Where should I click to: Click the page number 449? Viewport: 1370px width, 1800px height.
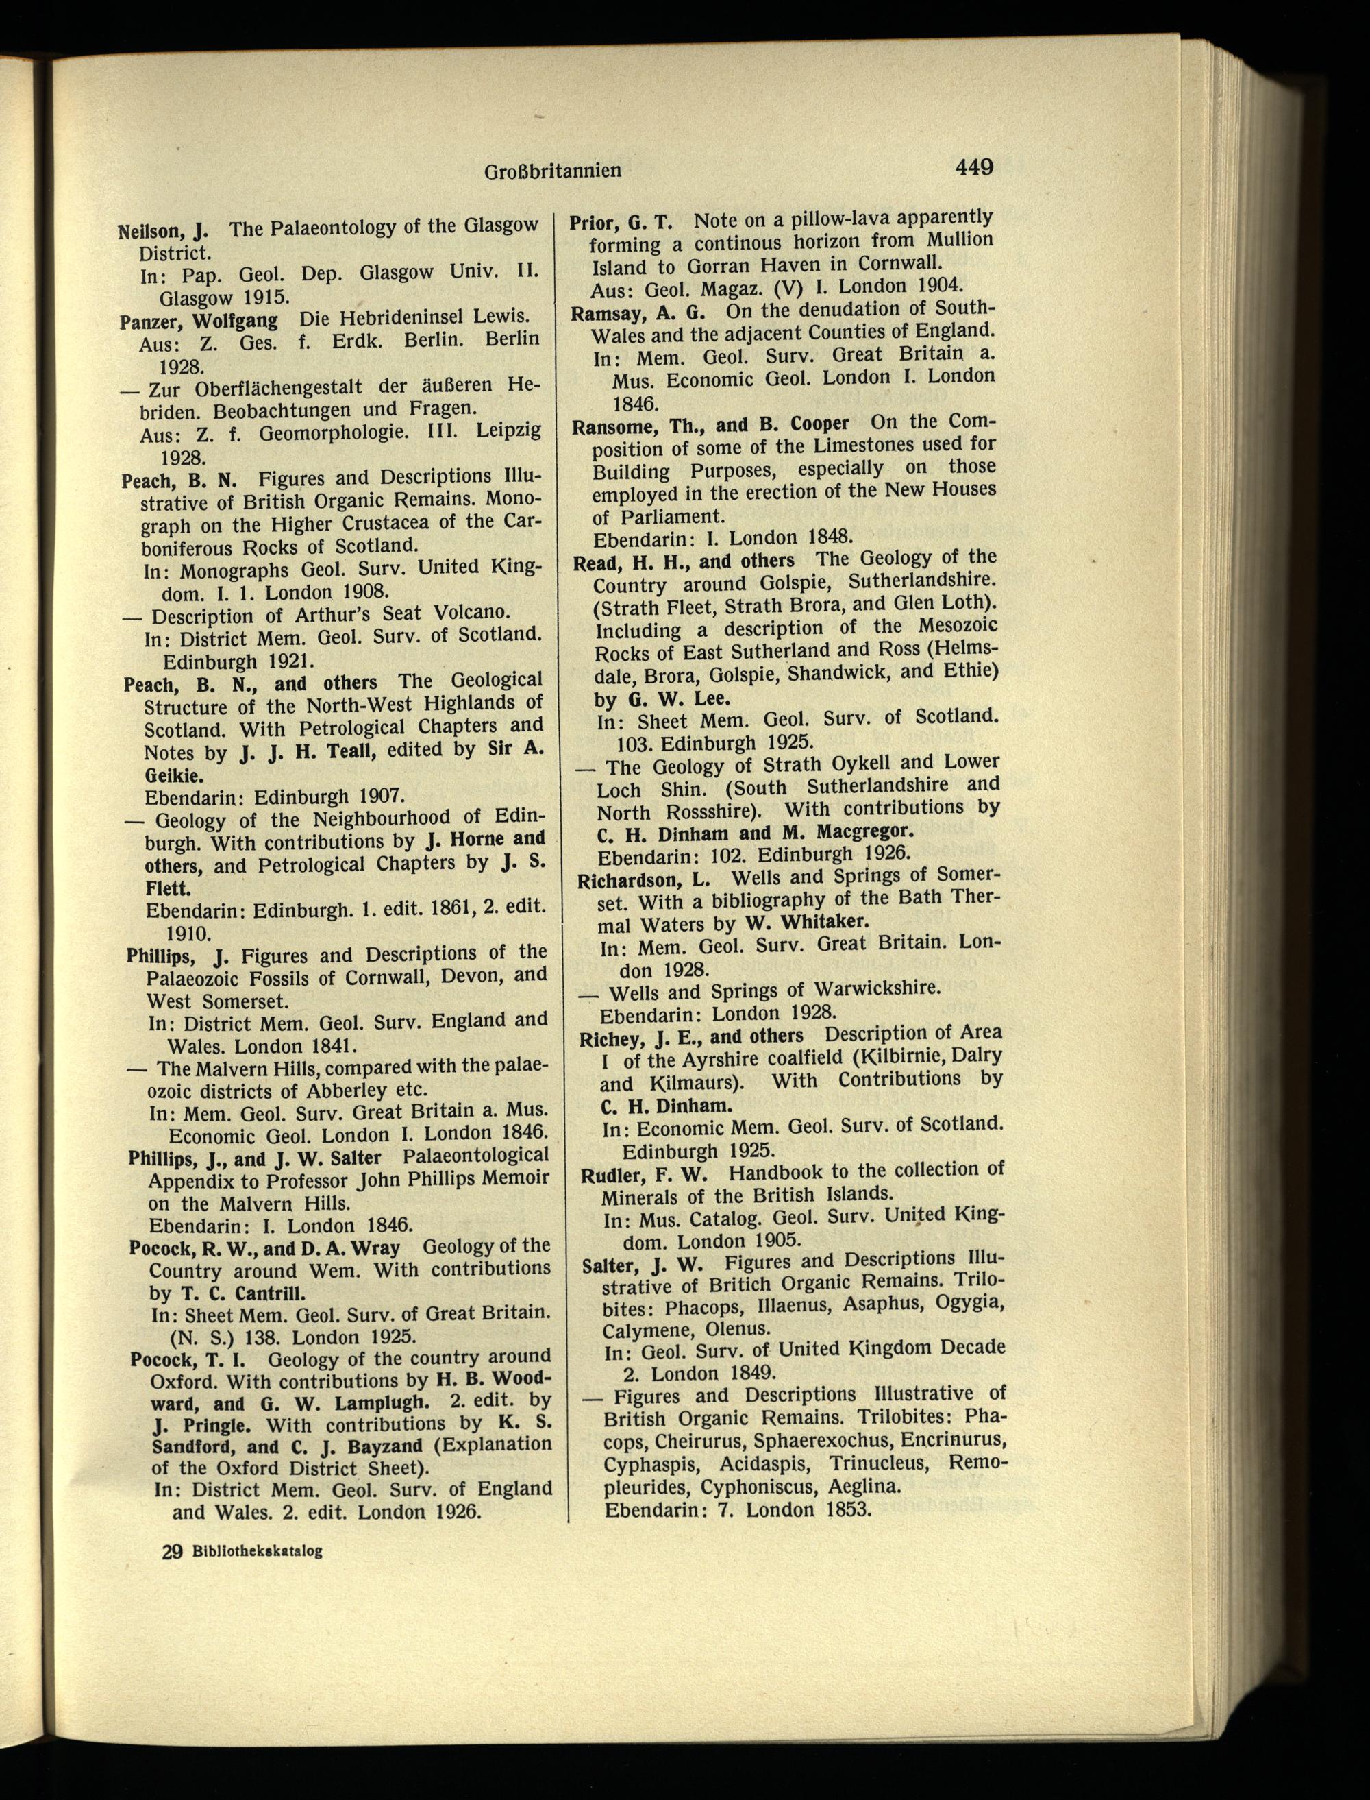975,167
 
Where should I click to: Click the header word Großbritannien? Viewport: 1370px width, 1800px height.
553,171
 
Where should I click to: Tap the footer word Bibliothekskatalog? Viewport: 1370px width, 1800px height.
258,1552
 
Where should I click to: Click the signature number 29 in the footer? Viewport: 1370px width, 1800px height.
172,1552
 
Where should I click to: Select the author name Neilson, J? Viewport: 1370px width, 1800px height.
163,230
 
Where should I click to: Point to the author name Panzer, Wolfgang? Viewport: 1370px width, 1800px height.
199,321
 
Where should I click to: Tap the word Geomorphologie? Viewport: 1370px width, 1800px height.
334,433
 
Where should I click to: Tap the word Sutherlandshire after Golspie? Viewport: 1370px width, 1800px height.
922,580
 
